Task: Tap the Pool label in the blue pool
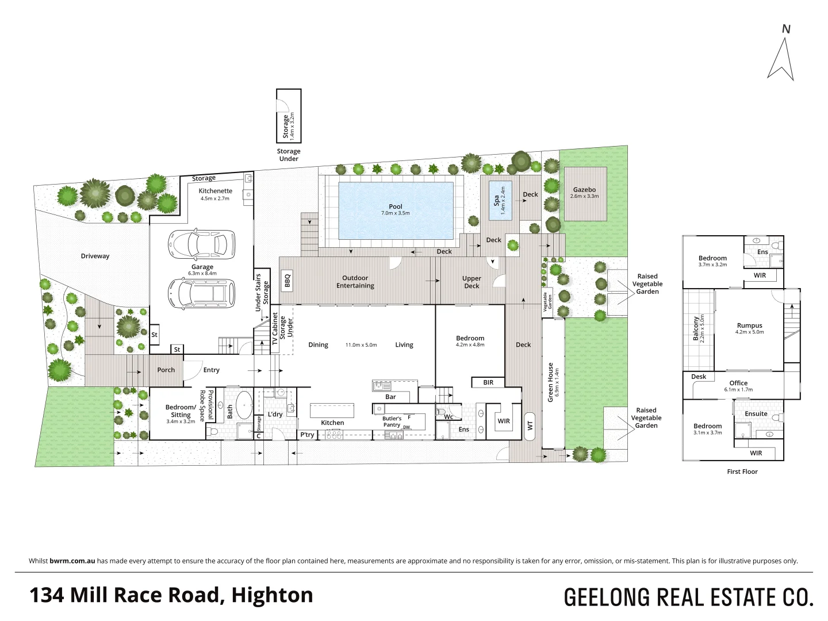click(x=396, y=207)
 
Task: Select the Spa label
click(x=497, y=201)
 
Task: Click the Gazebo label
click(x=584, y=190)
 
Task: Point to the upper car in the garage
click(x=201, y=244)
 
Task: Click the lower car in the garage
click(x=201, y=293)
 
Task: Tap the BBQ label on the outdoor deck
click(x=287, y=281)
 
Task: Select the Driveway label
click(x=95, y=256)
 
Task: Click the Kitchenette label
click(x=216, y=191)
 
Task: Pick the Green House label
click(x=550, y=382)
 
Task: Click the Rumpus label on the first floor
click(x=749, y=325)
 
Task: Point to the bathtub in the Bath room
click(x=244, y=405)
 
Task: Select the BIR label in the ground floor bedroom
click(x=488, y=382)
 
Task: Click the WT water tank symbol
click(x=530, y=426)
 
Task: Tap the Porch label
click(x=166, y=370)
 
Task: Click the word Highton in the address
click(x=272, y=595)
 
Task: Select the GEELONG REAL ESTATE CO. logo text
click(x=688, y=597)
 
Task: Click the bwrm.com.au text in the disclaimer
click(x=72, y=561)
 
